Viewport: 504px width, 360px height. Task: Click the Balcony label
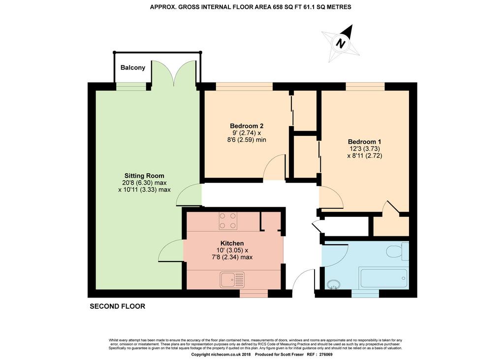coord(133,67)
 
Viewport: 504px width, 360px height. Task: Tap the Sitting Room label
coord(144,176)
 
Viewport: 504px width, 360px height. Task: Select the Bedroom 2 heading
coord(247,126)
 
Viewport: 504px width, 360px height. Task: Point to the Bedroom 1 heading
coord(365,141)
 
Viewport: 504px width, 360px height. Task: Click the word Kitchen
coord(232,243)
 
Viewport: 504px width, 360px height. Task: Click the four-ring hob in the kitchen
coord(228,221)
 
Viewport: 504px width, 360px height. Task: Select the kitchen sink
coord(232,280)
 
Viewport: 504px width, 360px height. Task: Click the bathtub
coord(383,278)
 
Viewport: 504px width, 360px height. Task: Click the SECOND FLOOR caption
coord(117,306)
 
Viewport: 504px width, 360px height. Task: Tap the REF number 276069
coord(325,355)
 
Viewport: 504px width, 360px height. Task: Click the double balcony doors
coord(174,73)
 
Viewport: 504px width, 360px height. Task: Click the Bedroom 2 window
coord(244,87)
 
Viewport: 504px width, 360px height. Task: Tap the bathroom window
coord(365,294)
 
